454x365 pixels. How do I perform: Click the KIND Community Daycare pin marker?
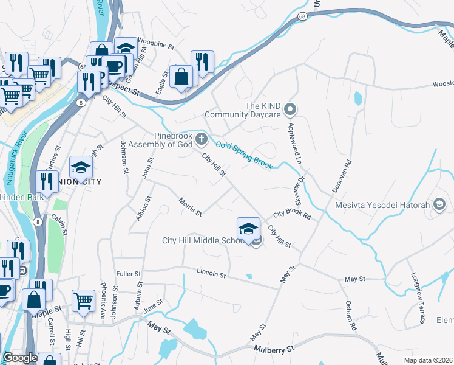[290, 109]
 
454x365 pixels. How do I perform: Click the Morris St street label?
[189, 206]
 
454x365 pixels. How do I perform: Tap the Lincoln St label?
[211, 273]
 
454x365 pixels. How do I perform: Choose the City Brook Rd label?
[292, 215]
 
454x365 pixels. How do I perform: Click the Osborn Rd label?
[350, 315]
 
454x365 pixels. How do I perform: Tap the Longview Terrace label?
[417, 297]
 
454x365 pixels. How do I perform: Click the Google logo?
[20, 358]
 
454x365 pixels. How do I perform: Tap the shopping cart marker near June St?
[84, 301]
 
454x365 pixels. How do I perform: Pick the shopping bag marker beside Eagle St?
[181, 77]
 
